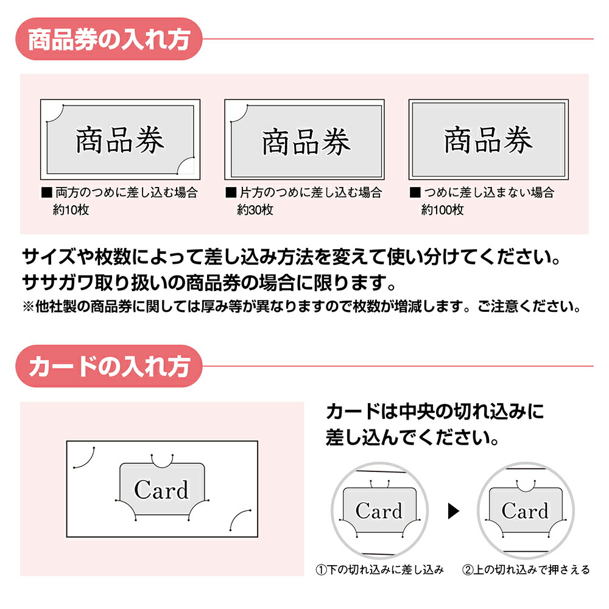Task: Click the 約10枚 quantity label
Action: coord(71,211)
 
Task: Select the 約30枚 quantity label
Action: coord(255,211)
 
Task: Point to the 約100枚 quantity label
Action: coord(442,211)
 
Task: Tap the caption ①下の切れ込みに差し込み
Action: coord(379,570)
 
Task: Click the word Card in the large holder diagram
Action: coord(161,490)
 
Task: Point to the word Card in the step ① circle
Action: coord(379,511)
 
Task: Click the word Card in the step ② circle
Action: coord(525,510)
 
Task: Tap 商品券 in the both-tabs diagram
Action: coord(120,141)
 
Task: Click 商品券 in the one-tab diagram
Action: coord(306,143)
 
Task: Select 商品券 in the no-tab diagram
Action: coord(488,140)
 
